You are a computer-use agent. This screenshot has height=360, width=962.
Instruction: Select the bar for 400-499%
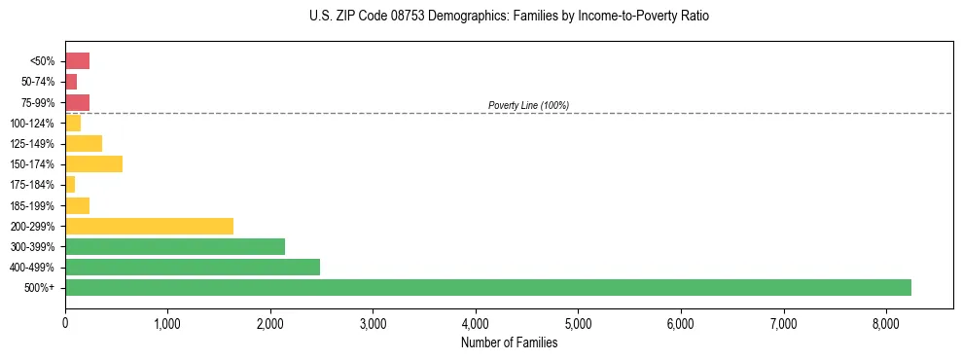tap(193, 267)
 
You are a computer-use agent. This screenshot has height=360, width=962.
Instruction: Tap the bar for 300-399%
tap(175, 246)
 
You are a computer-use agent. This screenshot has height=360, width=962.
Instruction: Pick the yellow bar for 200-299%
tap(149, 226)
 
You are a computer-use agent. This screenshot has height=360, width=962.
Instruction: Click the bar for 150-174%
tap(93, 163)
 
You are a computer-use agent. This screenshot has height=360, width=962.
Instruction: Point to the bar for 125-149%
tap(84, 143)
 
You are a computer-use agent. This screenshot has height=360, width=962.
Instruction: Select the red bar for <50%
tap(77, 60)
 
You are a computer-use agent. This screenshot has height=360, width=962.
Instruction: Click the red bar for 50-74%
tap(71, 82)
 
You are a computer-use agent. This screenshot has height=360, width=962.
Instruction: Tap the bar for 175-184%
tap(70, 184)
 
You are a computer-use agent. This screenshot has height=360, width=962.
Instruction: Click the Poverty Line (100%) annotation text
tap(528, 105)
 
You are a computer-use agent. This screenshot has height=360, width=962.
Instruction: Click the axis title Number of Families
tap(509, 342)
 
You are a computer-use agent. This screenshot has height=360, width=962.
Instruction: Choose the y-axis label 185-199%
tap(32, 205)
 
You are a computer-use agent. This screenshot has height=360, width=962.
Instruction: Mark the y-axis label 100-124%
tap(32, 123)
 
